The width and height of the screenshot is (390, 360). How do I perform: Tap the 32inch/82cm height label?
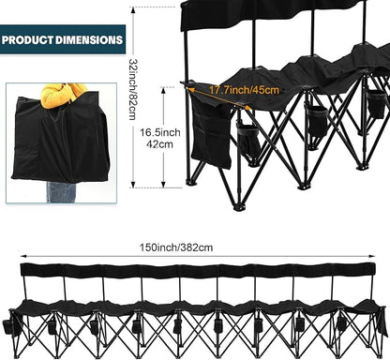133,89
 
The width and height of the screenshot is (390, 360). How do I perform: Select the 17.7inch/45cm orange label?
244,90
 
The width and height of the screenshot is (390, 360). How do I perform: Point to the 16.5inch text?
160,132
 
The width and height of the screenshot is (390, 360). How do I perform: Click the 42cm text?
159,144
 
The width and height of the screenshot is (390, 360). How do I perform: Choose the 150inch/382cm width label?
176,247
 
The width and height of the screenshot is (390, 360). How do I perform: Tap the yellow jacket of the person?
63,95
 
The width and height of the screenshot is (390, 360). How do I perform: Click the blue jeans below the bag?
61,192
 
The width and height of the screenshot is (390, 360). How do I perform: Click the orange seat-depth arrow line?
219,98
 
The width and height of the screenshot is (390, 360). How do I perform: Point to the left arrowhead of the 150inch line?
22,256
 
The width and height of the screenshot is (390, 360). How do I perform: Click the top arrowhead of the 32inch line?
133,9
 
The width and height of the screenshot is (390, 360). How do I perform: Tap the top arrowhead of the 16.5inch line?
163,90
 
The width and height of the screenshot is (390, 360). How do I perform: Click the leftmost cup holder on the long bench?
7,327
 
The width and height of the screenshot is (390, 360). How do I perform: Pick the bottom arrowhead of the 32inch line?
133,185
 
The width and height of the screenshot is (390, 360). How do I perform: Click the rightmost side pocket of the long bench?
382,322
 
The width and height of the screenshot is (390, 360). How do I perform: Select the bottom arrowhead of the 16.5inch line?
163,185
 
